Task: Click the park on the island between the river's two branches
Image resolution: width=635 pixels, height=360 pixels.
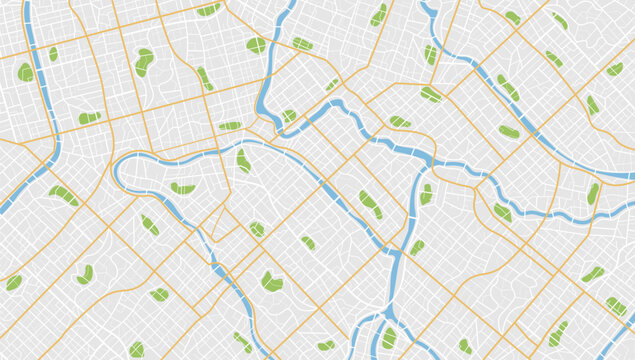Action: (389, 338)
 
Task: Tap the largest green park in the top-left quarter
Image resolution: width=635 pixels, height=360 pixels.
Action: (145, 62)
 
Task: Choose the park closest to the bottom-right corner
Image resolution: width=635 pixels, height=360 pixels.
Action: (616, 305)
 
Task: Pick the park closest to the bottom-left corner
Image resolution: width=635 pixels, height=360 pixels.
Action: (13, 283)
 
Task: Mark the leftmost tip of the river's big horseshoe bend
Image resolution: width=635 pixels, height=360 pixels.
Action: (116, 172)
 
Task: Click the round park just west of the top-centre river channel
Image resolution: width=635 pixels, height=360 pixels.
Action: (256, 45)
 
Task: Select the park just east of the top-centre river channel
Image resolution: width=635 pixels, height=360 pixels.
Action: (302, 43)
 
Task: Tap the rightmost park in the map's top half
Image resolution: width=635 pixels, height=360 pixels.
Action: (614, 69)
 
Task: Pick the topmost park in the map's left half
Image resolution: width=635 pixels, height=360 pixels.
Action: (208, 9)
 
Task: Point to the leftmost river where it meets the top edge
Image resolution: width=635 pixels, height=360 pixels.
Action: (28, 4)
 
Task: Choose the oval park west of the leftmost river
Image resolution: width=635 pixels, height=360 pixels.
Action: (25, 72)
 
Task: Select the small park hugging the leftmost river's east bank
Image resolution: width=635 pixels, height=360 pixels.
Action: (53, 54)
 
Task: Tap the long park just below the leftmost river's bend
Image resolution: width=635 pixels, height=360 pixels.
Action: (63, 195)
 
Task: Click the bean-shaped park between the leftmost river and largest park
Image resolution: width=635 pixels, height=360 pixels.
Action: (90, 118)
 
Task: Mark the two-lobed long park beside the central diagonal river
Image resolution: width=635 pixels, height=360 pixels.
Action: (370, 204)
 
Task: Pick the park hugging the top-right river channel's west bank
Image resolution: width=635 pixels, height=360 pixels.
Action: (431, 54)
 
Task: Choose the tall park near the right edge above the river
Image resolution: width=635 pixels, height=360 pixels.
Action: (593, 193)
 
